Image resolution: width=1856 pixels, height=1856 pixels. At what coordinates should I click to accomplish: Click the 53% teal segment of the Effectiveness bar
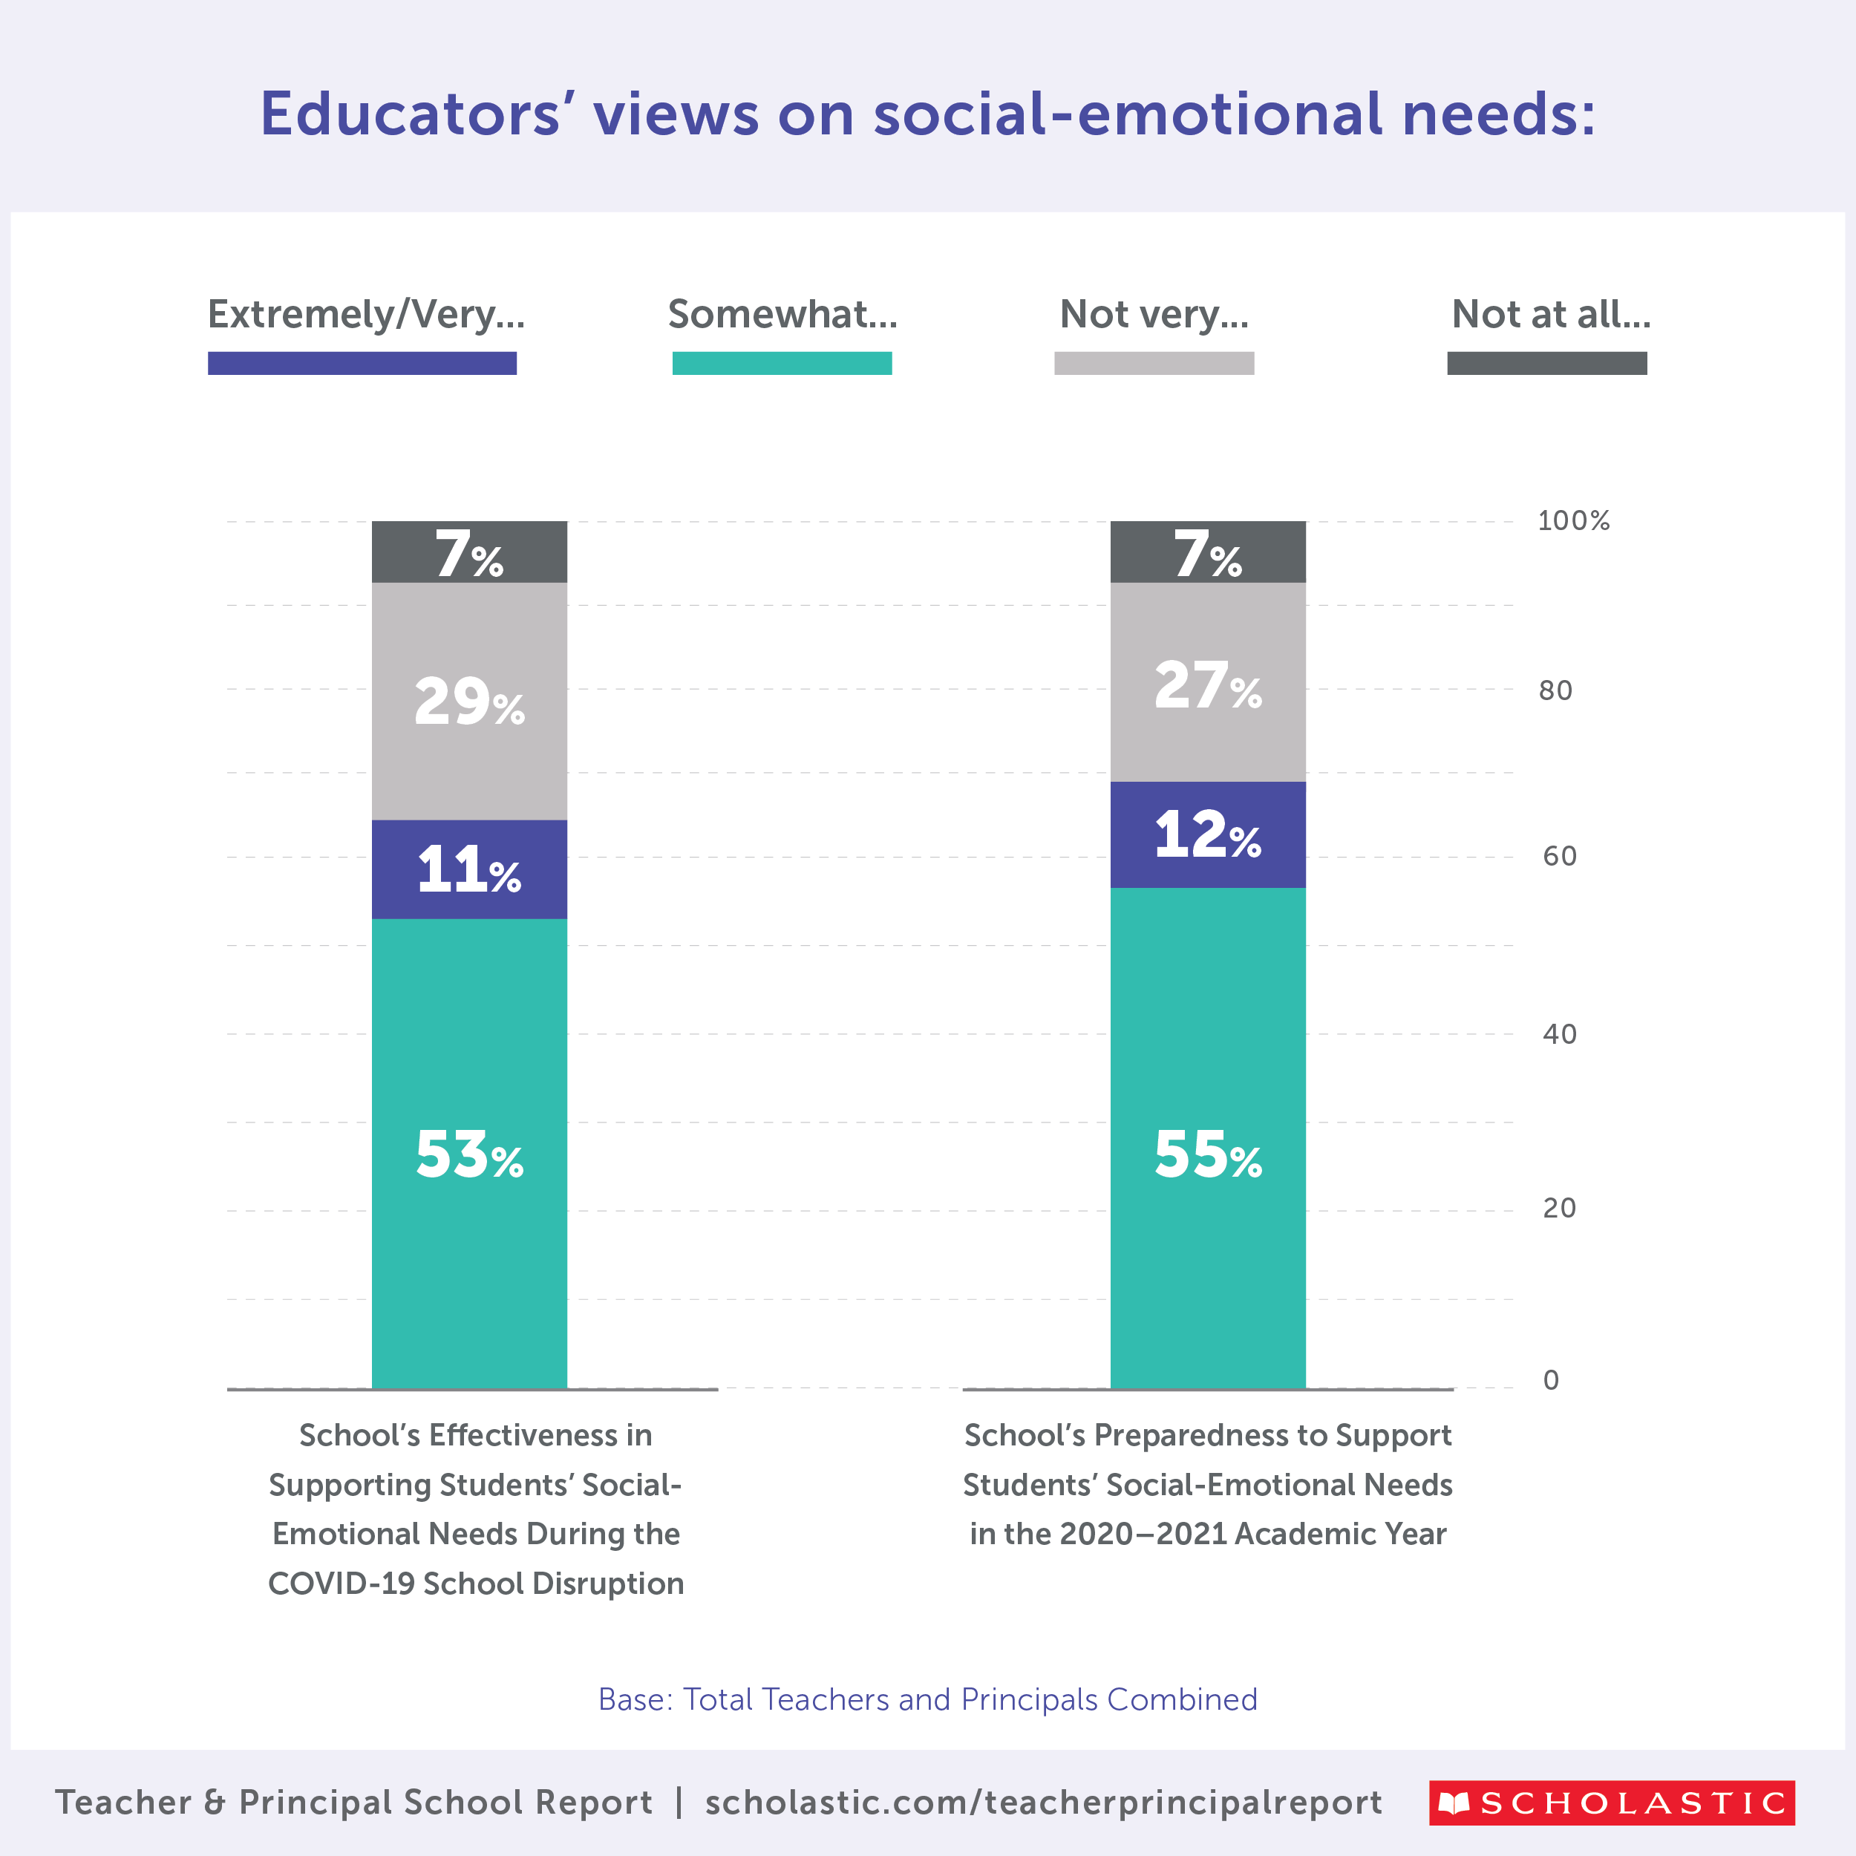468,1153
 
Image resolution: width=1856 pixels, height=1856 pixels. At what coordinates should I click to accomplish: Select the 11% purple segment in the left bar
468,869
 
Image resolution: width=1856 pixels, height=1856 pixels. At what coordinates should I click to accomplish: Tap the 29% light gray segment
468,702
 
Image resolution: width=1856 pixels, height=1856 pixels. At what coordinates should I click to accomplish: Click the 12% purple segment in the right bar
1208,834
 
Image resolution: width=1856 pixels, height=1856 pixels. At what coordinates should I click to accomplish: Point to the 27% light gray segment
1208,683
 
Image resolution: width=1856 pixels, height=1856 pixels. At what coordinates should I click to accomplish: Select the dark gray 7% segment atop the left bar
468,552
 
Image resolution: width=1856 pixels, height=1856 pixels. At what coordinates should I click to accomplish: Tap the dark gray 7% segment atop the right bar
1208,552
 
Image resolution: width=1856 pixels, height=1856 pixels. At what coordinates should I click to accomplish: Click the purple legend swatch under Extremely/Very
362,363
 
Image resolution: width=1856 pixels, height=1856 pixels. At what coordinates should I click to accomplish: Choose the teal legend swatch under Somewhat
782,363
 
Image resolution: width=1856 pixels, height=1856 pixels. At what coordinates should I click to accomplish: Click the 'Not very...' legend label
1154,314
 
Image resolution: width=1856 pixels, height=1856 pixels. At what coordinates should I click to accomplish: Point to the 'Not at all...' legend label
1551,314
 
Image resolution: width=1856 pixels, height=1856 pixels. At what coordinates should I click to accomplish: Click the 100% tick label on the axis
1572,520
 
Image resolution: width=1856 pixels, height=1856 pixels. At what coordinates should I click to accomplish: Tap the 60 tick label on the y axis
1559,856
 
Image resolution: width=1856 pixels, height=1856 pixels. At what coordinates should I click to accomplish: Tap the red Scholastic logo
1611,1803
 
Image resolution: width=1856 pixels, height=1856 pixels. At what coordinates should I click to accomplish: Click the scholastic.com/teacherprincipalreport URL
1043,1803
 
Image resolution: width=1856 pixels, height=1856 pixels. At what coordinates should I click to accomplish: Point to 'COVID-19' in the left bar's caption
341,1584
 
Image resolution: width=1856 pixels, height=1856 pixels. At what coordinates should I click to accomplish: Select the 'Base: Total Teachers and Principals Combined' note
927,1699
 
